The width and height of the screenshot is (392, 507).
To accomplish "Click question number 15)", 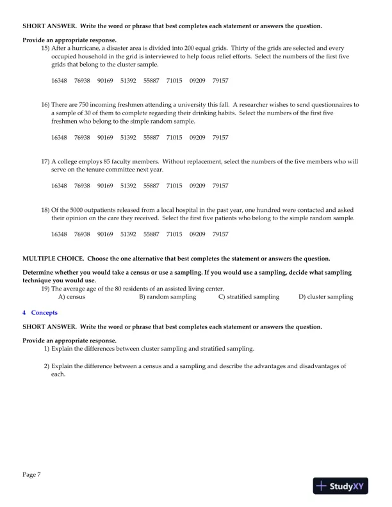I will (x=45, y=49).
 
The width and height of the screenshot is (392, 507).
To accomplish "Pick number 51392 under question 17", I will (x=128, y=186).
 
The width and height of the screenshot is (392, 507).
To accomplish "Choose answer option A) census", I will (x=72, y=297).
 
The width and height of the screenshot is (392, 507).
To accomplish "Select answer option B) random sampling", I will (x=168, y=297).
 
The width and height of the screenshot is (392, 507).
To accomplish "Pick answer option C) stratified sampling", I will (x=249, y=297).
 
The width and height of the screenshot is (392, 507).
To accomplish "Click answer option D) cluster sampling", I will (x=325, y=297).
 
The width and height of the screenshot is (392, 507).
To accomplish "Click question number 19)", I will (x=45, y=289).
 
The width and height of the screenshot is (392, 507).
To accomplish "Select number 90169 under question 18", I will (x=105, y=234).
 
